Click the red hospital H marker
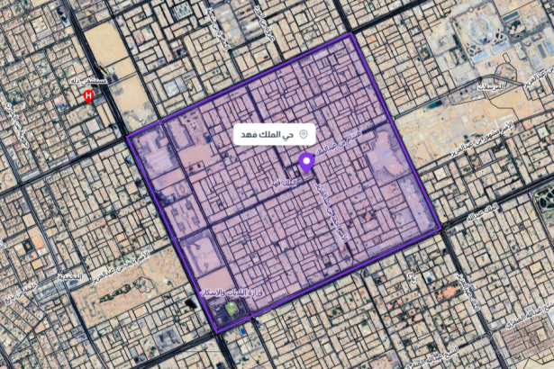tap(88, 96)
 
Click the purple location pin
tap(306, 163)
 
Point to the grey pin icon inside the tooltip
tap(304, 135)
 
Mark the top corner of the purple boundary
tap(350, 35)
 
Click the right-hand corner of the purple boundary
tap(440, 229)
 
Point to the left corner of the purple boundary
tap(128, 137)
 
